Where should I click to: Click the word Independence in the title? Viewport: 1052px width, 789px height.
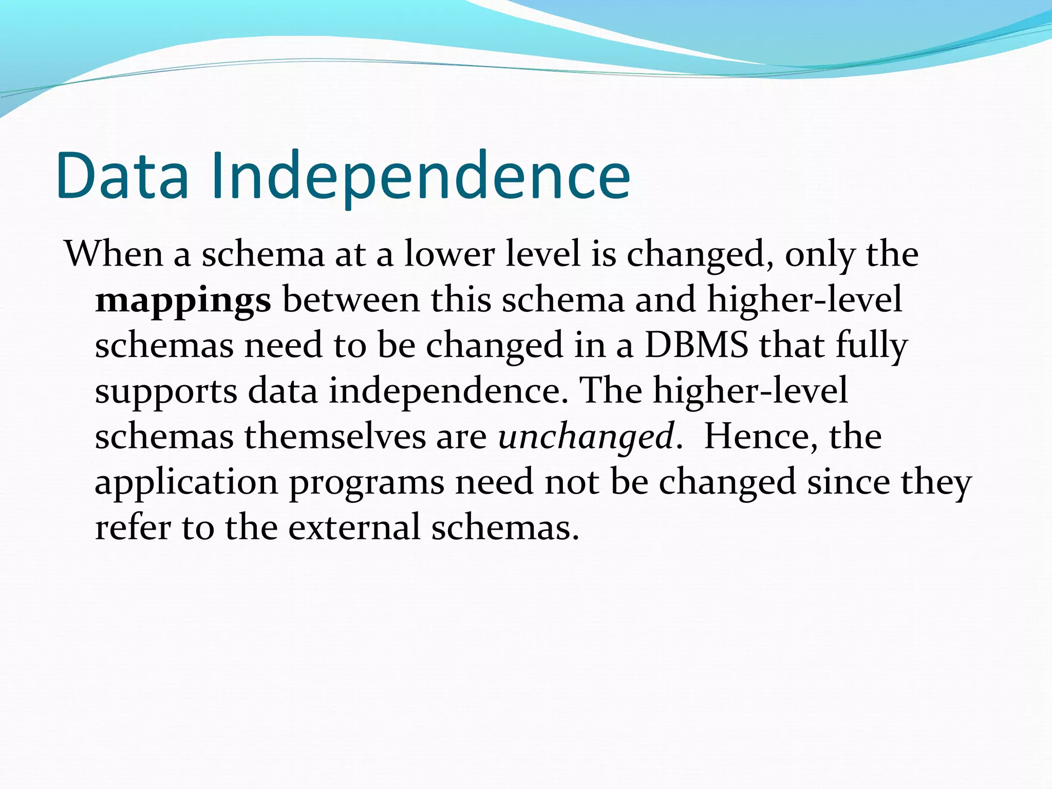420,176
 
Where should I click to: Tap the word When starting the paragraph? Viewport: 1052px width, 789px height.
114,254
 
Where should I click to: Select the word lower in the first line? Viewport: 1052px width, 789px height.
449,254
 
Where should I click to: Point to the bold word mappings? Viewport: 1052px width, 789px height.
183,300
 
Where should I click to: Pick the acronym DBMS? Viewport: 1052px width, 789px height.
697,345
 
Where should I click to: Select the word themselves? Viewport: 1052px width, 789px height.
334,436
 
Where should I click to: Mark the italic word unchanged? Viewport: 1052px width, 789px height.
586,436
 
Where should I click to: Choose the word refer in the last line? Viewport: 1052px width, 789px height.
133,527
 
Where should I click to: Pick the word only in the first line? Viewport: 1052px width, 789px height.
820,255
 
